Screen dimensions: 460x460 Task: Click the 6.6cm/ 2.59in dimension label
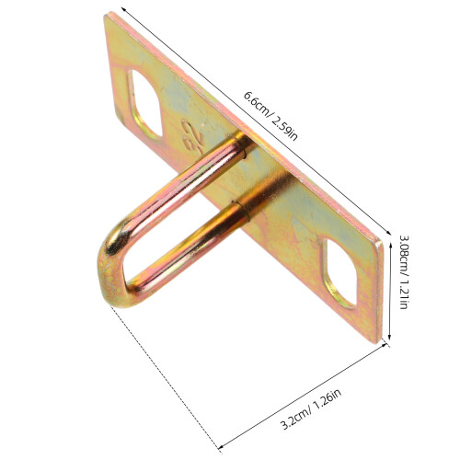[270, 116]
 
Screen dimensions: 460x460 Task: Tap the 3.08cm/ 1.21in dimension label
[405, 271]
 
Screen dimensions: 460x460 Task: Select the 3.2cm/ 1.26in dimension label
[311, 409]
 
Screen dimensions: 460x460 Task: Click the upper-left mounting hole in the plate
[144, 104]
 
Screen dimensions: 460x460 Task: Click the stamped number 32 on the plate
[192, 135]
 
